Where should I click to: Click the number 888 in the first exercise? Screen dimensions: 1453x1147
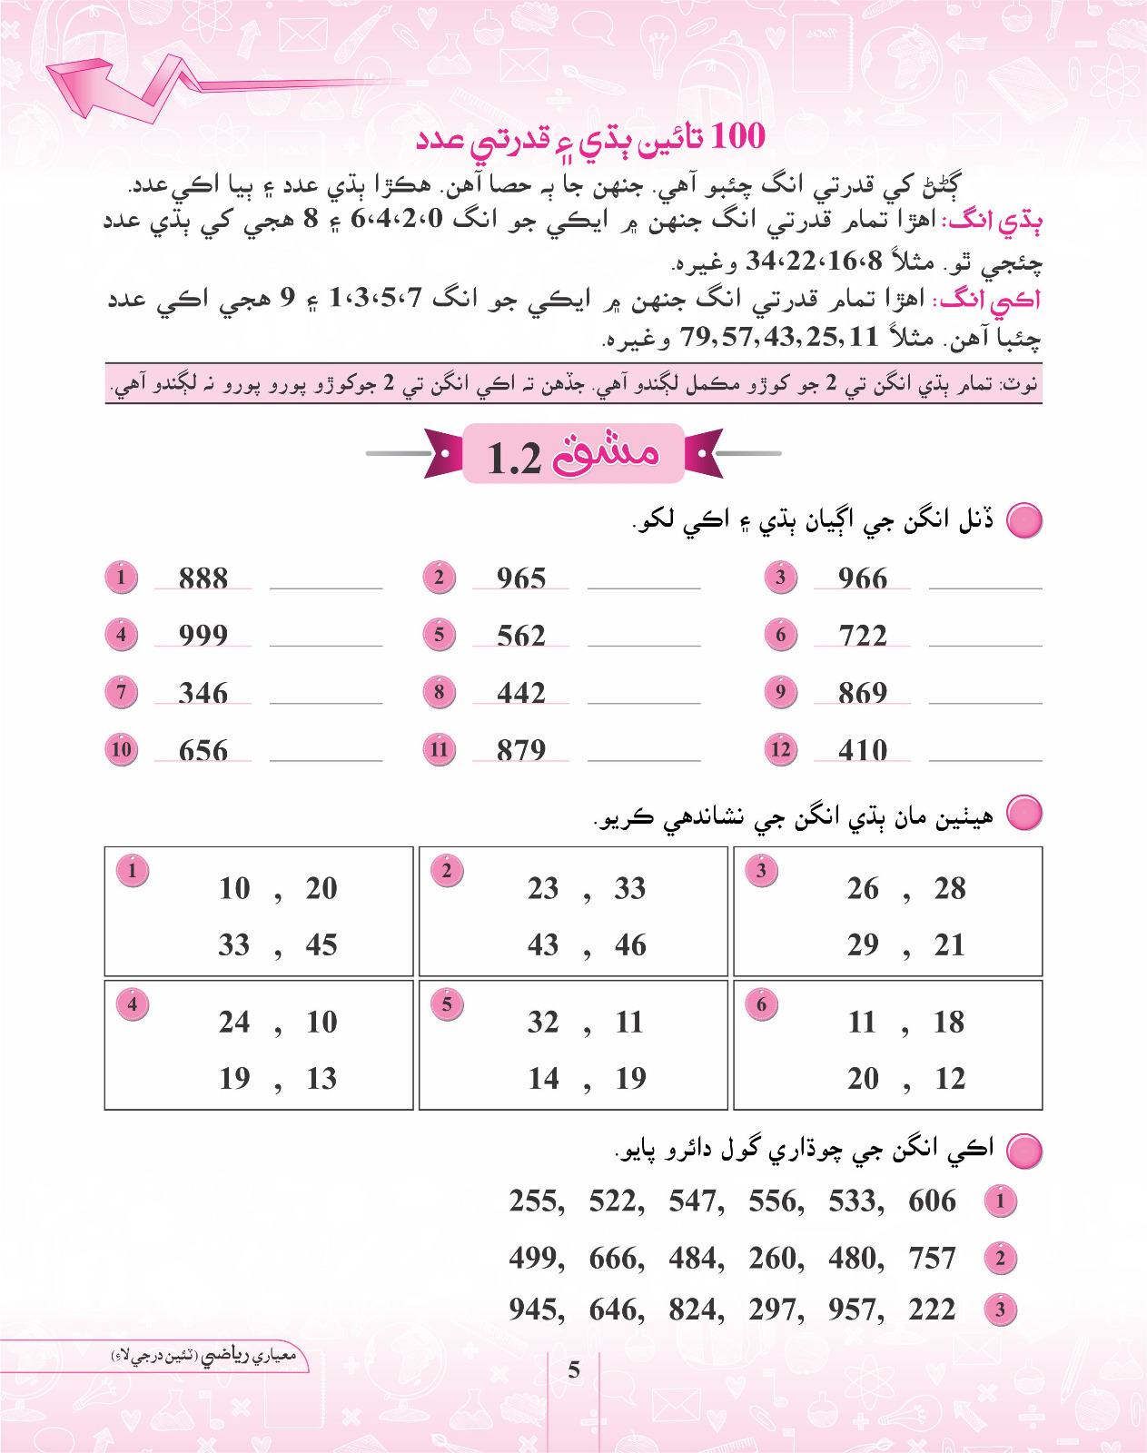(x=203, y=578)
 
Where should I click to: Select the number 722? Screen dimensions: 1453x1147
(x=862, y=635)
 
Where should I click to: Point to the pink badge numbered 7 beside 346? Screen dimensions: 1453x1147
(x=121, y=692)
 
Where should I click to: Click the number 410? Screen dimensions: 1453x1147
(x=862, y=749)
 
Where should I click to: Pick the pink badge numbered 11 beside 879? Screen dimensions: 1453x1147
(x=440, y=749)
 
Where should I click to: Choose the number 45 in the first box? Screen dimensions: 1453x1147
(x=321, y=944)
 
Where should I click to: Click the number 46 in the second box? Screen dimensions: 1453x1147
(x=630, y=944)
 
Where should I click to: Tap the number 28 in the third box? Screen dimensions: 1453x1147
(x=950, y=888)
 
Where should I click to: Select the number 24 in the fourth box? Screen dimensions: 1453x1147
(x=234, y=1022)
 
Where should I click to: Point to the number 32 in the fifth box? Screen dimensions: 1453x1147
(x=543, y=1022)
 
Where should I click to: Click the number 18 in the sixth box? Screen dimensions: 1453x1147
(x=949, y=1022)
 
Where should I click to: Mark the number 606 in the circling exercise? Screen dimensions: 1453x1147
(x=932, y=1201)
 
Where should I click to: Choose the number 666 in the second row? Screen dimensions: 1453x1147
(x=616, y=1258)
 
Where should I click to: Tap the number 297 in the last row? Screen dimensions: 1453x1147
(x=776, y=1309)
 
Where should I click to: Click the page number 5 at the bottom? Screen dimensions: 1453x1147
(x=574, y=1369)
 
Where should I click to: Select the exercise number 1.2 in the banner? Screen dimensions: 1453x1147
(x=514, y=458)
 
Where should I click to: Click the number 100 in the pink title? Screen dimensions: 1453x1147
(x=737, y=136)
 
